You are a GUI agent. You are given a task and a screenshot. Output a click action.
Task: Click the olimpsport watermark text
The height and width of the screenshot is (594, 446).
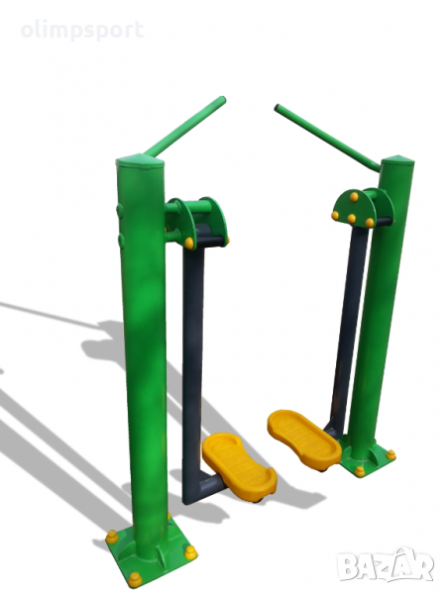(82, 31)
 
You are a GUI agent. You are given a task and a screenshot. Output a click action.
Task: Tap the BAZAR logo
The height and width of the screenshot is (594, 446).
(386, 565)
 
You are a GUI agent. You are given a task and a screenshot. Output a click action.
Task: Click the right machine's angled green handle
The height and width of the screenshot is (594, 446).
(327, 138)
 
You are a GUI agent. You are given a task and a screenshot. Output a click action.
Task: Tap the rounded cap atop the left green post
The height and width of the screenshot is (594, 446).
(140, 161)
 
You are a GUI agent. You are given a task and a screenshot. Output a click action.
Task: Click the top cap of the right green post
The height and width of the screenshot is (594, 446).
(397, 160)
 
